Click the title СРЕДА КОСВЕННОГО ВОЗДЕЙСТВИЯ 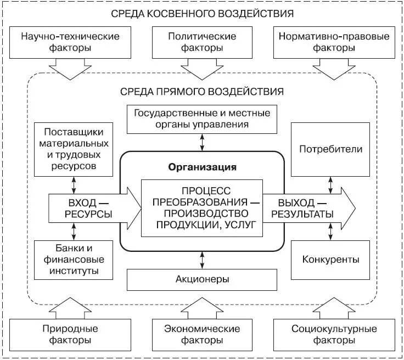click(x=201, y=13)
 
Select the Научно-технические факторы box click(x=70, y=42)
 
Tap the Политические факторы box click(x=201, y=42)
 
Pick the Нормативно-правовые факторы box click(x=333, y=42)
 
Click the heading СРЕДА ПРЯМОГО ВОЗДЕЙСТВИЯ click(x=201, y=91)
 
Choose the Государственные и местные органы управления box click(x=201, y=119)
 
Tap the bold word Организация click(x=202, y=167)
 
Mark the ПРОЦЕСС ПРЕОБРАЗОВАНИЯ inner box click(x=201, y=207)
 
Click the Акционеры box click(x=201, y=279)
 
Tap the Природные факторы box click(x=70, y=334)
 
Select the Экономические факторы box click(x=201, y=334)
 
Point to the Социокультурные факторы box click(x=333, y=334)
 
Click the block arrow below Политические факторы click(x=201, y=68)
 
